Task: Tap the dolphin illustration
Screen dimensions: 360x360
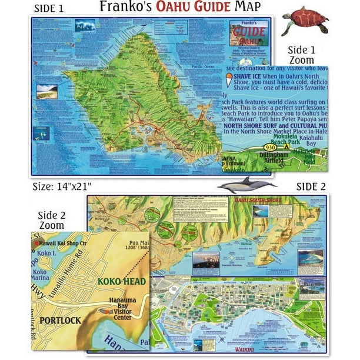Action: pos(246,184)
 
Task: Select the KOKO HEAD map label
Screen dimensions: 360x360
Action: pos(122,282)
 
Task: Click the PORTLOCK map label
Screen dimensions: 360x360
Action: pos(59,321)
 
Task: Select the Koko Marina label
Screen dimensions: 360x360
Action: pos(41,275)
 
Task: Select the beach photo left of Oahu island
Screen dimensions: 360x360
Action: pos(46,92)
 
